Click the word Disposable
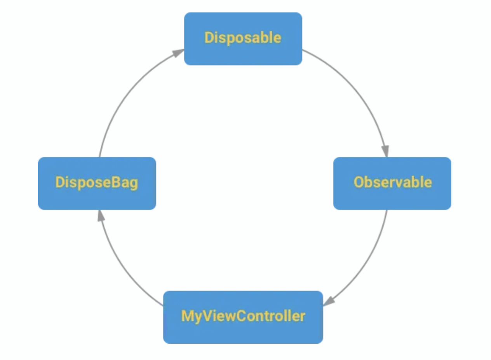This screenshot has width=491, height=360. click(243, 38)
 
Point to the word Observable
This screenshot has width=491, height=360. click(392, 182)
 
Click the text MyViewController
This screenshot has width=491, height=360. click(243, 316)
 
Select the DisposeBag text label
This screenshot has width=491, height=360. click(97, 182)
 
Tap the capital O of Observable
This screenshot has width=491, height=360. click(359, 182)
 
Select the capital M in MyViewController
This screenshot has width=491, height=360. click(187, 316)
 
